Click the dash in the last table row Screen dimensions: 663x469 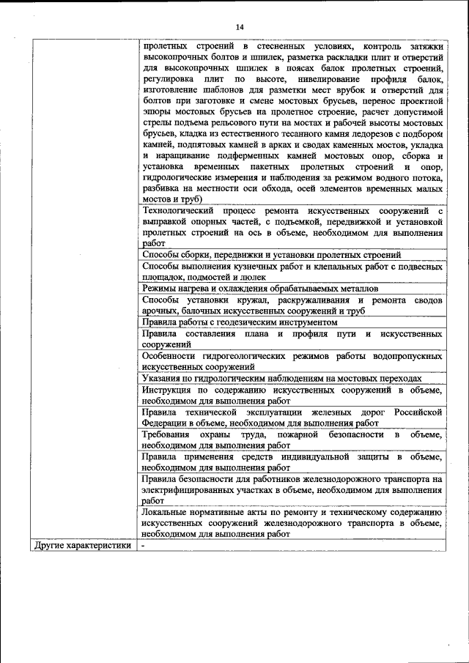pos(144,545)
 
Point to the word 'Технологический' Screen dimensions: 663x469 pos(179,211)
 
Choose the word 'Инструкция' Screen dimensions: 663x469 pos(169,389)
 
